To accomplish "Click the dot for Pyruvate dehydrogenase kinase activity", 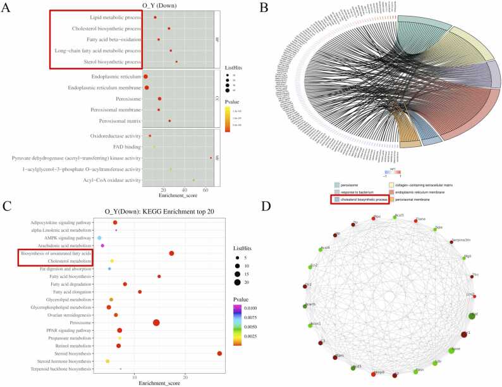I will pyautogui.click(x=211, y=158).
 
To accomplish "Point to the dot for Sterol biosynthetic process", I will pyautogui.click(x=176, y=61).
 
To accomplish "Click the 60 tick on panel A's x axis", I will pyautogui.click(x=206, y=190).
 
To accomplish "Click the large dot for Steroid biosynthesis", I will pyautogui.click(x=219, y=353).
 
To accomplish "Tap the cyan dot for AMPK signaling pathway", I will pyautogui.click(x=100, y=238).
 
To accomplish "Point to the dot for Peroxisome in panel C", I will pyautogui.click(x=156, y=322).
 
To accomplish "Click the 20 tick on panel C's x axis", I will pyautogui.click(x=185, y=377).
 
